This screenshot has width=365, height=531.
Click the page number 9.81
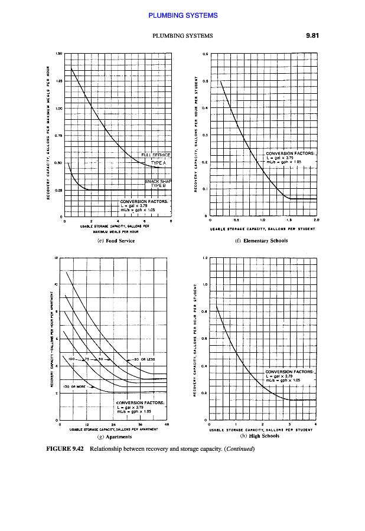[x=312, y=35]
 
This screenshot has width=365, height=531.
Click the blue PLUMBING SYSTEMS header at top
[x=183, y=15]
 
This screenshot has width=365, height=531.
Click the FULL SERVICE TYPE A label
[x=156, y=158]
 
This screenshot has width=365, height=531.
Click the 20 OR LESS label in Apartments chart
[x=144, y=359]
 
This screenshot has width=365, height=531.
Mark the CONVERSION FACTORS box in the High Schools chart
[x=290, y=376]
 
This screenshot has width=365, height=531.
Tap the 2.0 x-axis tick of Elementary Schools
[x=317, y=219]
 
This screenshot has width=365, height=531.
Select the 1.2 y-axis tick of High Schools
[x=204, y=258]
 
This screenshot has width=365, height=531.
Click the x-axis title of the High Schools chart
[x=262, y=430]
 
